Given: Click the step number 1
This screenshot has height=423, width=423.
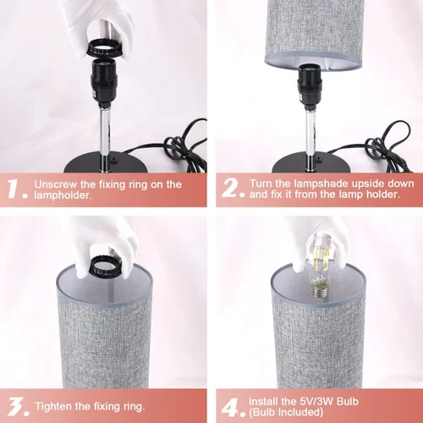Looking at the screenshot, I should coord(16,189).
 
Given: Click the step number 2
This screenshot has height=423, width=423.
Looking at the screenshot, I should coord(231,189).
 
